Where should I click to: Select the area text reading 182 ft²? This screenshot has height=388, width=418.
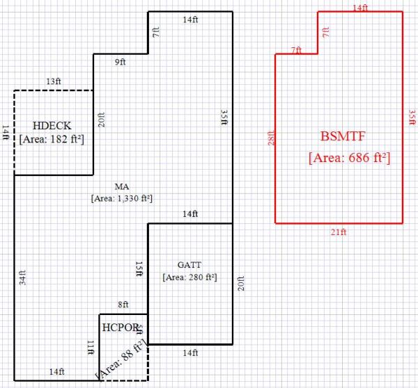[x=52, y=138]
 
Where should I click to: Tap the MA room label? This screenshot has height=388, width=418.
[x=122, y=186]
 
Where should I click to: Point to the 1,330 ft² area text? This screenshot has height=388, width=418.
[x=122, y=198]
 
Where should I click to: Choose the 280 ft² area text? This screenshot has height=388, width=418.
[x=189, y=277]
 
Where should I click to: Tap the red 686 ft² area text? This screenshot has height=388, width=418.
[x=349, y=158]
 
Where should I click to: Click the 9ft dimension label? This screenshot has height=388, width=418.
[x=120, y=63]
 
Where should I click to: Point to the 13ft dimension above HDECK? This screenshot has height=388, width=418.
[x=53, y=82]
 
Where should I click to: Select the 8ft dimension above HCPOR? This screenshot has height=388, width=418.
[x=123, y=305]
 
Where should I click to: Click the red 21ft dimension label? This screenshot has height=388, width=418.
[x=338, y=232]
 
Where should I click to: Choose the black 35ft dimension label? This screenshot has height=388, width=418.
[x=224, y=117]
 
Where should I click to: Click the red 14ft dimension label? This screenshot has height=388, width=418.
[x=359, y=8]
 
